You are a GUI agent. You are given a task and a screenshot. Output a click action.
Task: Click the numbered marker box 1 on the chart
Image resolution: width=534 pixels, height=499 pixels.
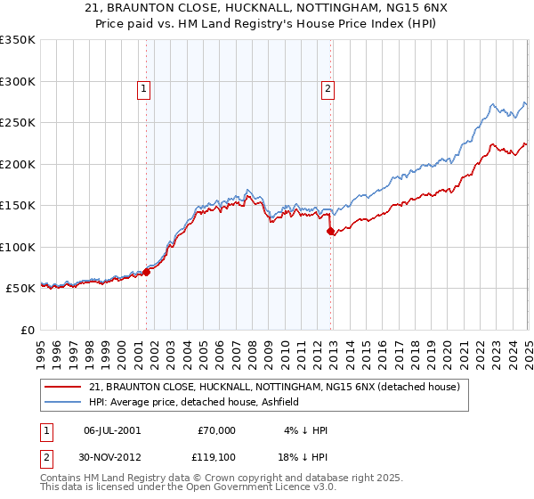pyautogui.click(x=143, y=88)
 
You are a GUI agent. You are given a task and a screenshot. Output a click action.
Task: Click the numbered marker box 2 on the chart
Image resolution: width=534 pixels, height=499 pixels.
pyautogui.click(x=328, y=88)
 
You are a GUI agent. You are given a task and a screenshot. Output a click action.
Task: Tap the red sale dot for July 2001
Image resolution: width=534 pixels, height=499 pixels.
pyautogui.click(x=147, y=272)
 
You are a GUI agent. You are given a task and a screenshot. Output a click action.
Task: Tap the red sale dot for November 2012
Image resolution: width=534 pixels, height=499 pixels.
pyautogui.click(x=331, y=232)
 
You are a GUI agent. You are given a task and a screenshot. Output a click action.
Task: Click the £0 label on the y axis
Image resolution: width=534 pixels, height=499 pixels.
pyautogui.click(x=28, y=330)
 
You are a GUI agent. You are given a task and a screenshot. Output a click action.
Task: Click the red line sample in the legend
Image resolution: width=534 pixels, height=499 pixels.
pyautogui.click(x=64, y=387)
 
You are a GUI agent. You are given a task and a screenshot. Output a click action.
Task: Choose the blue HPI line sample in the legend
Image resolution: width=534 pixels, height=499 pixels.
pyautogui.click(x=64, y=402)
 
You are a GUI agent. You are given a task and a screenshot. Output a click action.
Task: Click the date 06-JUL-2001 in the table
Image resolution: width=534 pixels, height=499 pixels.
pyautogui.click(x=112, y=430)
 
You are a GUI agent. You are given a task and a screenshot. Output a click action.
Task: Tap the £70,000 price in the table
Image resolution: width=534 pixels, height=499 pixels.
pyautogui.click(x=215, y=430)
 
